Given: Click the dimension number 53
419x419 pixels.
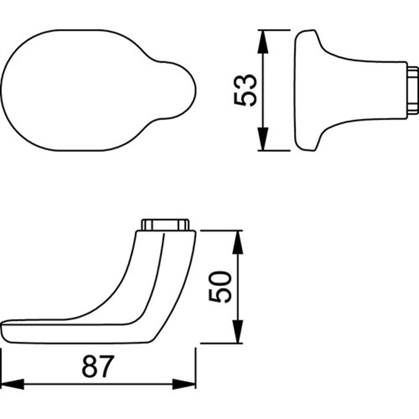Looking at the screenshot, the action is (245, 91).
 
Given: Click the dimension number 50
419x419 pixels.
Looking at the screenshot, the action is (220, 287).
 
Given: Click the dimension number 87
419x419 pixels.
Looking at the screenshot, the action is (98, 366).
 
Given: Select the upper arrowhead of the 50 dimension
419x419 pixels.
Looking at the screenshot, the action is (238, 242).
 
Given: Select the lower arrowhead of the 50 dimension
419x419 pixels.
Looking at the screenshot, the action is (238, 331).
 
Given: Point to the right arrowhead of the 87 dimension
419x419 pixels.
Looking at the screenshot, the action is (184, 384).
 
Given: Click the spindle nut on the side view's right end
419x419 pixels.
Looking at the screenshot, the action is (413, 91).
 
